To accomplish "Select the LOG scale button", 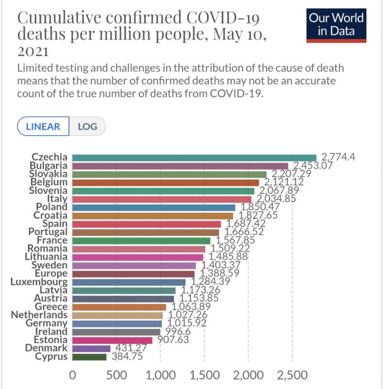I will pos(87,127).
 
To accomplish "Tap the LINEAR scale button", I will pos(43,127).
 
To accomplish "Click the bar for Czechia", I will pos(194,157).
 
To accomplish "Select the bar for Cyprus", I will pos(89,356).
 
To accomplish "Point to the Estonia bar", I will pos(112,340).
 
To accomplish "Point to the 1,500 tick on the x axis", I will pos(204,375).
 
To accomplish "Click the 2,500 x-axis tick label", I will pos(292,375).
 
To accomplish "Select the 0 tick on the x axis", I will pos(72,375).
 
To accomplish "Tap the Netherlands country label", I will pos(39,315).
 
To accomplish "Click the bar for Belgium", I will pos(166,182).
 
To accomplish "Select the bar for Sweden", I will pos(134,265).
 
